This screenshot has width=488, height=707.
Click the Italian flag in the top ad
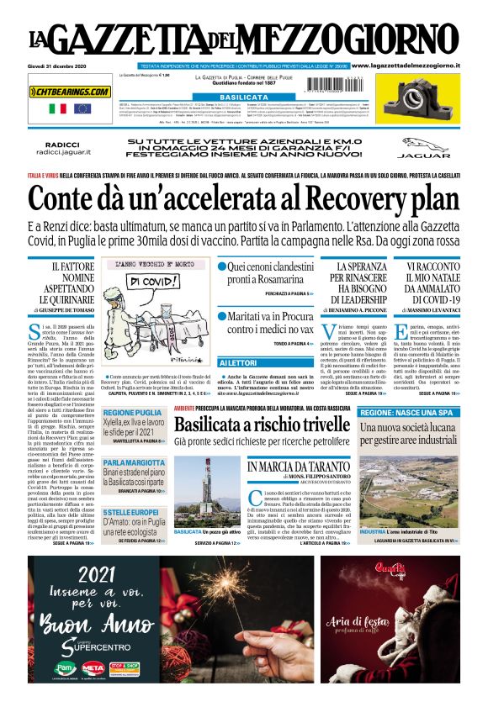58,108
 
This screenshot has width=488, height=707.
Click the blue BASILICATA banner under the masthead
243,98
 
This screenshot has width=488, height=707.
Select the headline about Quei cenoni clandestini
268,272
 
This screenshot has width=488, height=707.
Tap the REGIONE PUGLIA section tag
133,413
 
